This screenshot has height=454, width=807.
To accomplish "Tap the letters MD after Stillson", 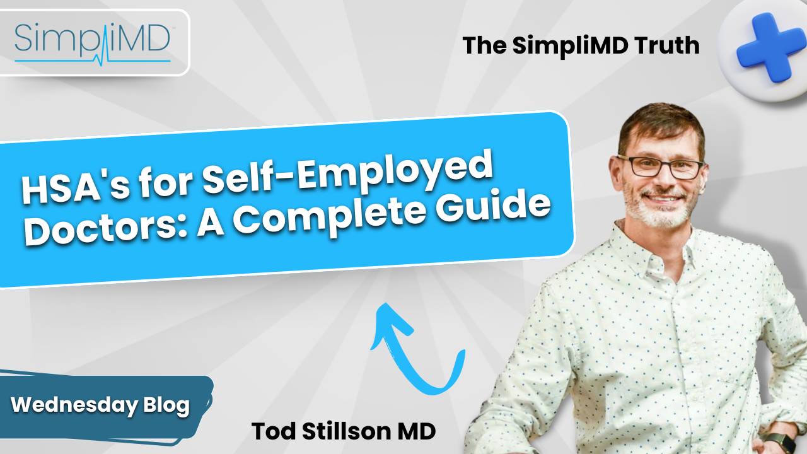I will [x=418, y=432].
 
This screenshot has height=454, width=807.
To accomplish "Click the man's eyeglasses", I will [x=661, y=166].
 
